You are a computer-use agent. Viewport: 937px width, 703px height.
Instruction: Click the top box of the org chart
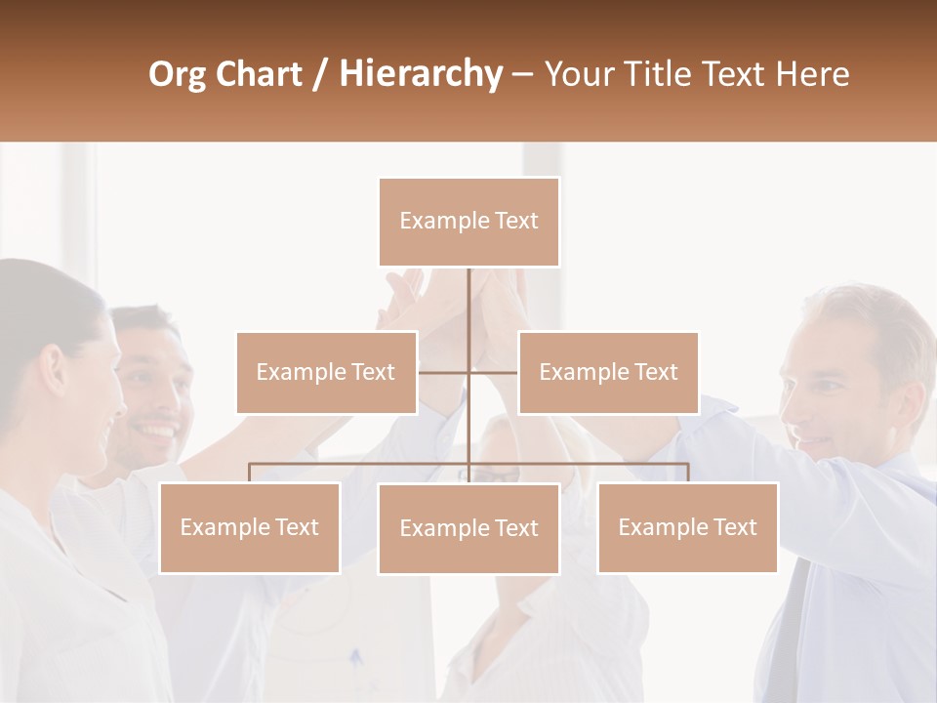point(468,222)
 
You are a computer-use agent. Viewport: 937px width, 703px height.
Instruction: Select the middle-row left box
point(326,372)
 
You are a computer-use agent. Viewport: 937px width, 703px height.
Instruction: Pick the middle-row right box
point(608,372)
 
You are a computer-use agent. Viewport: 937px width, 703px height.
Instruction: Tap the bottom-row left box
point(250,527)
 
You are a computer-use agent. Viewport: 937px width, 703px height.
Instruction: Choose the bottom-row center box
point(468,528)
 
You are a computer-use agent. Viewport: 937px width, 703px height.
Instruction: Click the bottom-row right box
point(687,527)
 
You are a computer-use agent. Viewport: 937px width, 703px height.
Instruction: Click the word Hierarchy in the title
point(421,74)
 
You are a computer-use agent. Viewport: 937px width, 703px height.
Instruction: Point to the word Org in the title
point(177,74)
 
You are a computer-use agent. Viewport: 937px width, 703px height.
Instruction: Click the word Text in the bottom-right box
point(734,527)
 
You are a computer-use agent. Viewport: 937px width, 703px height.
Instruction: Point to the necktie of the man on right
point(790,625)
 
